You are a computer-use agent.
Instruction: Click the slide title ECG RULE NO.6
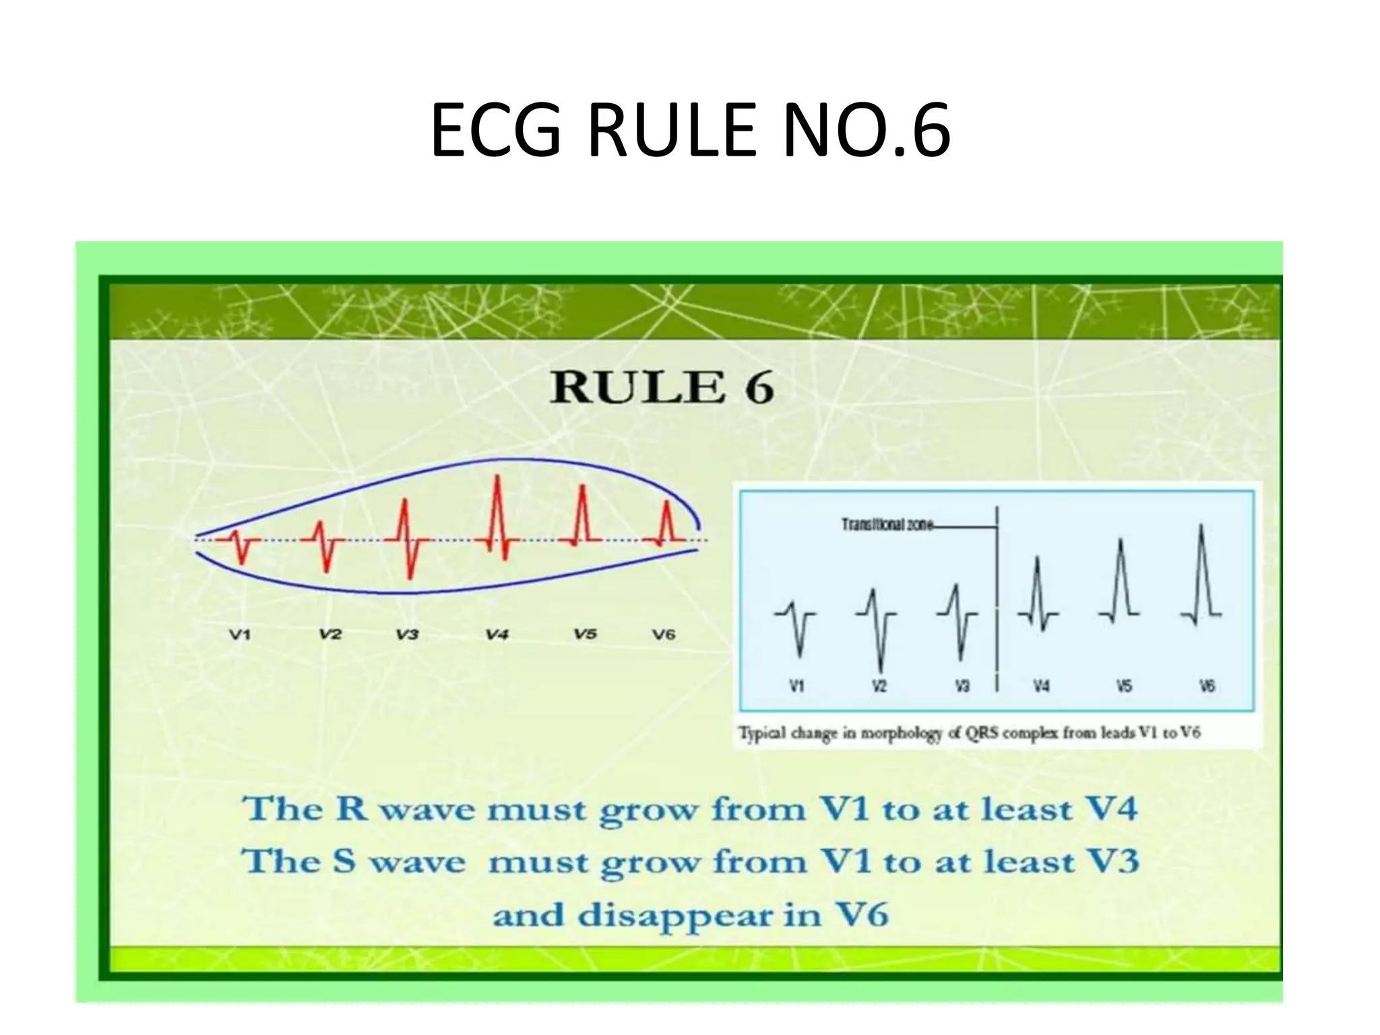point(690,129)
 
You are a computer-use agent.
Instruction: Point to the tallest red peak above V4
point(497,478)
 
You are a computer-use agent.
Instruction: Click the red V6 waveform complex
point(666,526)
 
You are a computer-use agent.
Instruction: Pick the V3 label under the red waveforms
point(407,634)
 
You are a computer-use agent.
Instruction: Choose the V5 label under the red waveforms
point(585,633)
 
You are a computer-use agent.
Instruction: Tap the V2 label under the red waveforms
point(330,634)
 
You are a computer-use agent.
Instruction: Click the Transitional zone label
point(886,524)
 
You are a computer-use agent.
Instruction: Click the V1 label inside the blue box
point(796,686)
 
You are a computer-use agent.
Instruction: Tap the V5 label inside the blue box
point(1124,686)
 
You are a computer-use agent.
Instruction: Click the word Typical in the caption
point(761,732)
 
